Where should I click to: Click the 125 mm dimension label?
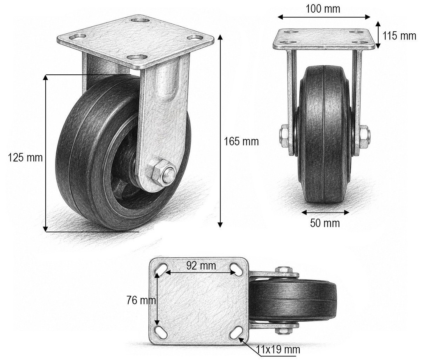(x=25, y=157)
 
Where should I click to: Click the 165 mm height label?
(x=241, y=141)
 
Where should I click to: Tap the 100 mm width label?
(x=323, y=9)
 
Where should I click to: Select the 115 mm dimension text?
(x=399, y=36)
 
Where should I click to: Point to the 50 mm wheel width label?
(x=325, y=223)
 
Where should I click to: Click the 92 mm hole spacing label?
(x=201, y=265)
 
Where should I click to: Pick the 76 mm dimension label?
(x=141, y=300)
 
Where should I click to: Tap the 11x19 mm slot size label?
(x=278, y=350)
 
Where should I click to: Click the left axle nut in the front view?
(x=285, y=136)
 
